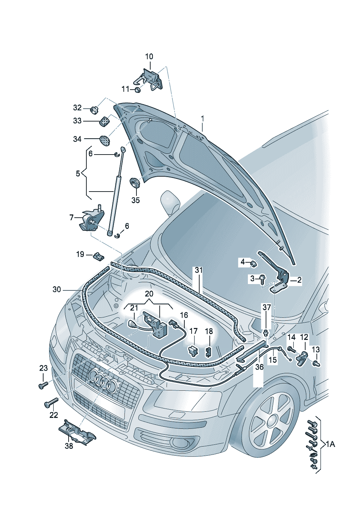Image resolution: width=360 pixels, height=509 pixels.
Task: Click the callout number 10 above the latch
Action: pyautogui.click(x=149, y=56)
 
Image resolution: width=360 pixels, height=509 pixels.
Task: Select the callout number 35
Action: pyautogui.click(x=136, y=200)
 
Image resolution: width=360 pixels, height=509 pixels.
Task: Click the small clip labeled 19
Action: pyautogui.click(x=98, y=256)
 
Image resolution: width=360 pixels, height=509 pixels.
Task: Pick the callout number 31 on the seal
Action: pyautogui.click(x=199, y=270)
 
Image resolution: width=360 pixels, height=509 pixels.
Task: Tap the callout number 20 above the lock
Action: pyautogui.click(x=149, y=294)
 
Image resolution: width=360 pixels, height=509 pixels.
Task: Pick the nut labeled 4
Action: pyautogui.click(x=253, y=264)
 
